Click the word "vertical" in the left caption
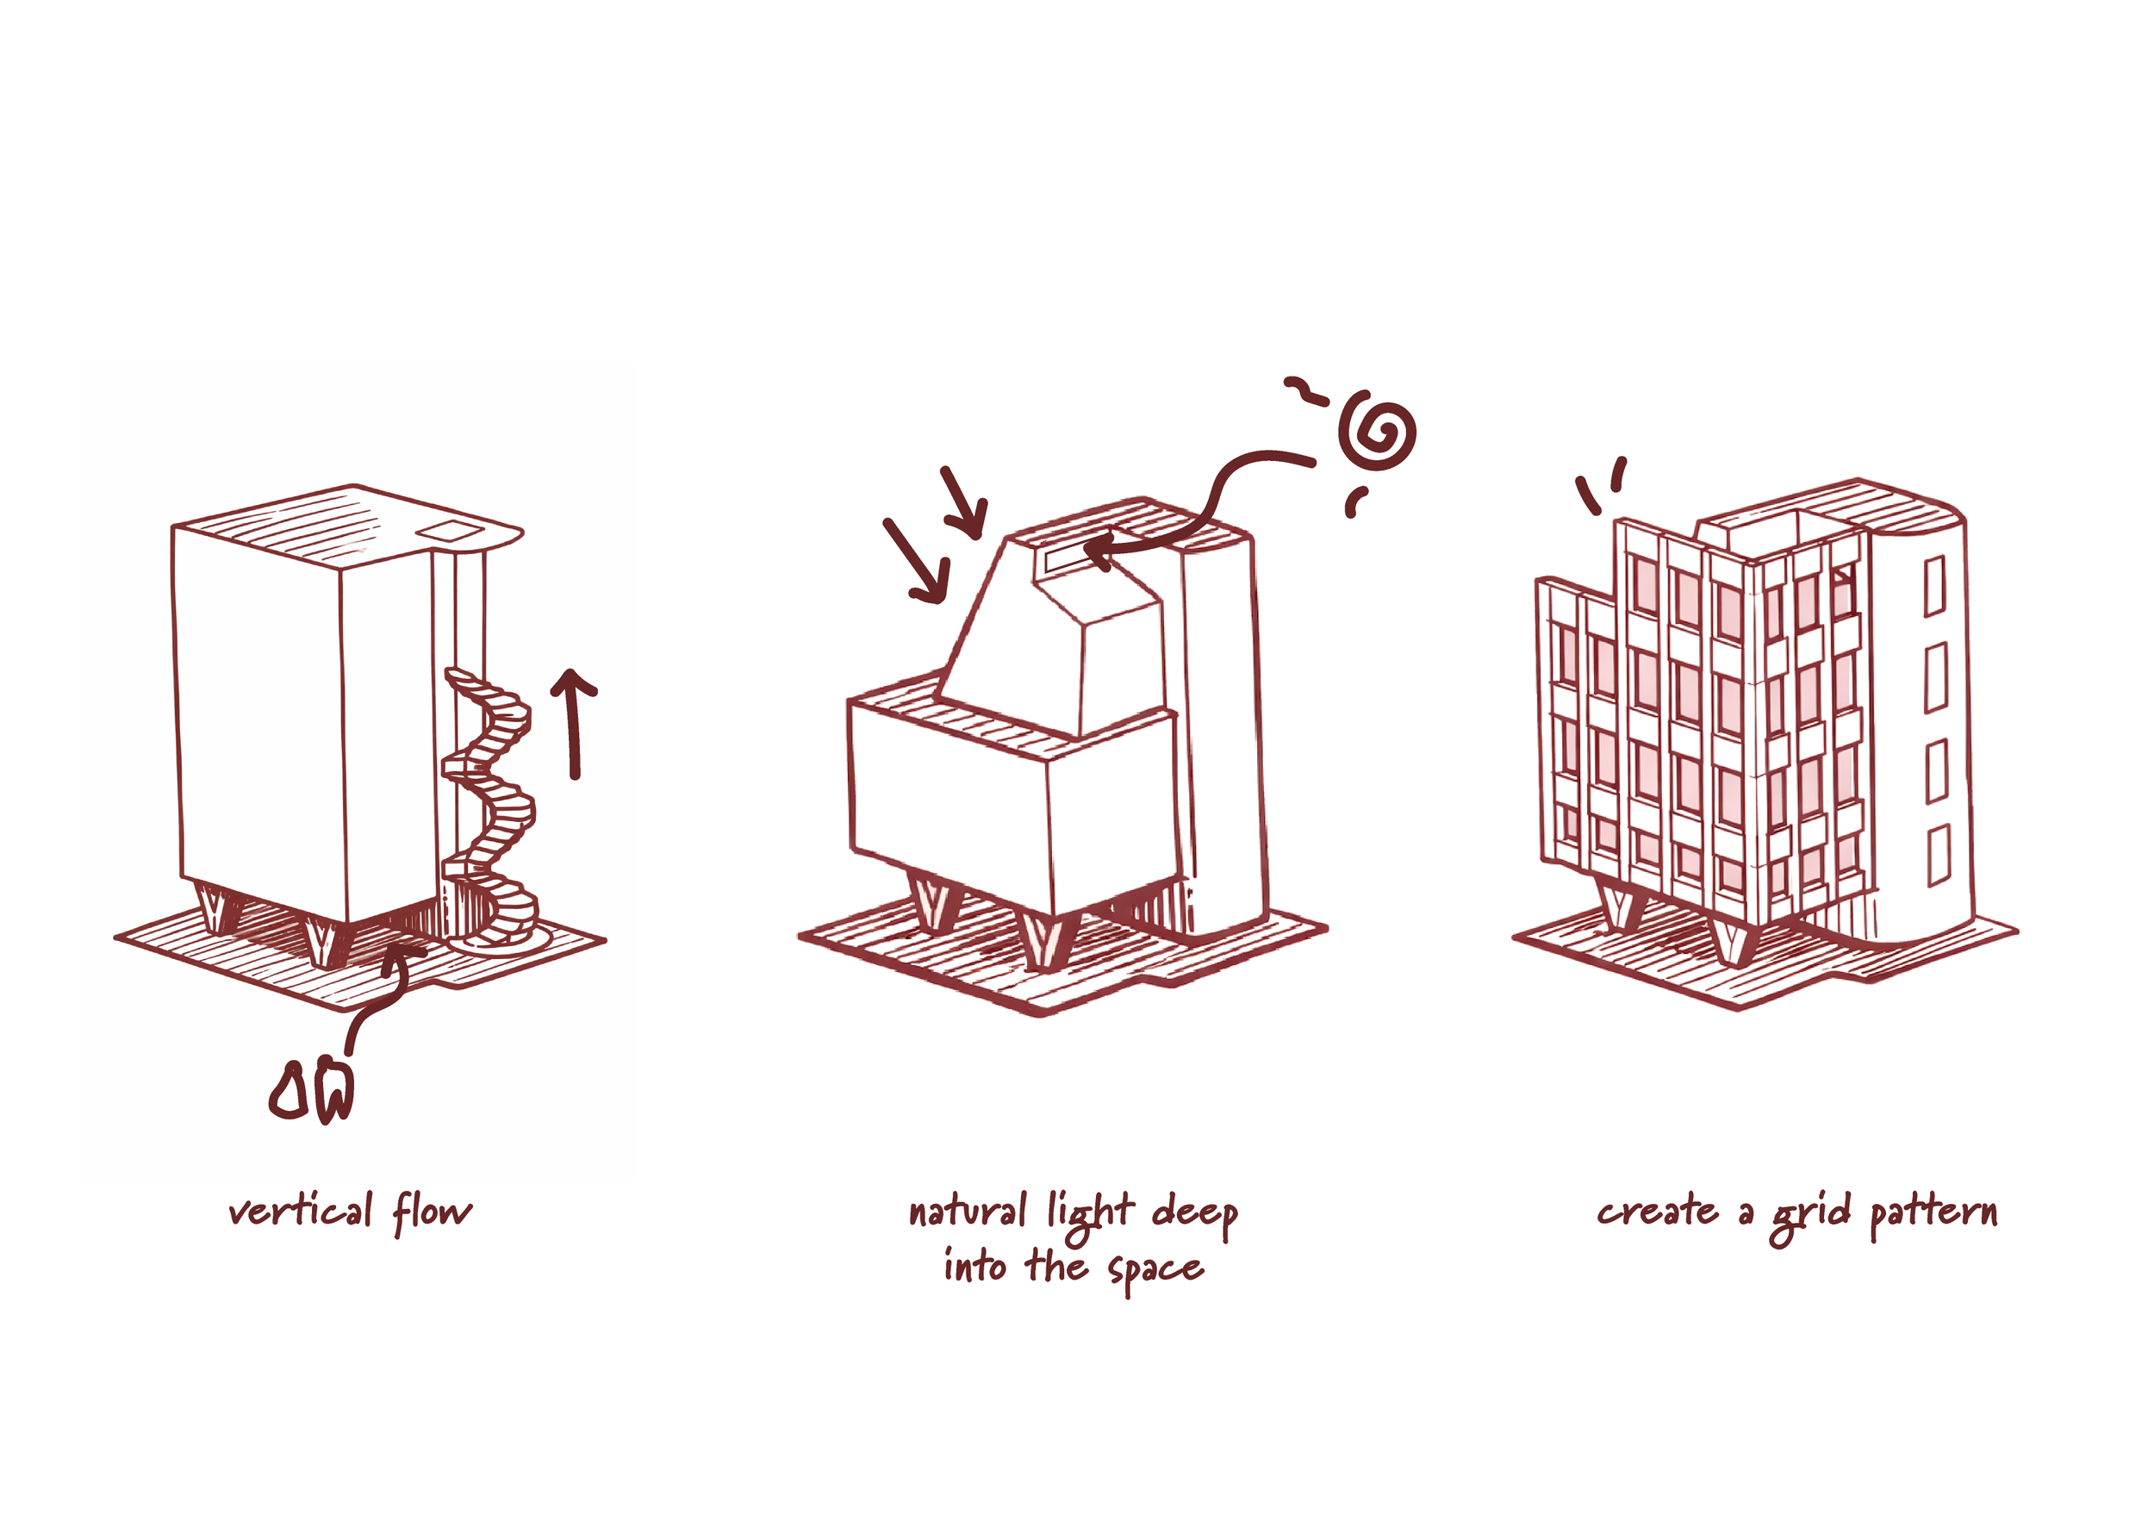point(301,1212)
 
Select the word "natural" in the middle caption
point(967,1212)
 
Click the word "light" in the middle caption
point(1090,1215)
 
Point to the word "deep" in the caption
point(1195,1215)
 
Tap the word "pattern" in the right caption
point(1933,1214)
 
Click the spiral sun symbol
point(1377,434)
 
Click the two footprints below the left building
point(311,1094)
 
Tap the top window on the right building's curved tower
point(1934,586)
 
